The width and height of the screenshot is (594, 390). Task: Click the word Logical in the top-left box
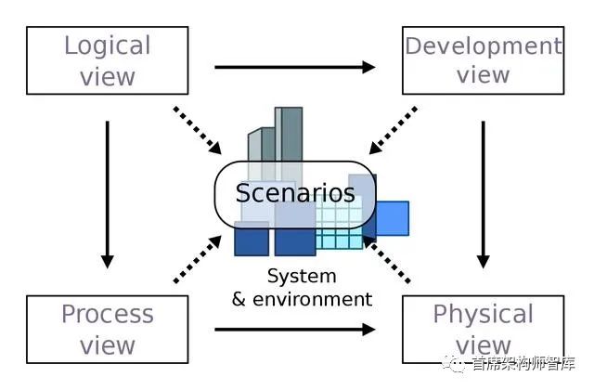(108, 46)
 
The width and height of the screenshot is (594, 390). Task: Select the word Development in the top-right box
(484, 47)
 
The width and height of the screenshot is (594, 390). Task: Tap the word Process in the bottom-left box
(108, 314)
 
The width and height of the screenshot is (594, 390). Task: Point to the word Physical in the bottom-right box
(483, 315)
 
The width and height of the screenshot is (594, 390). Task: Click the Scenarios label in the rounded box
(295, 193)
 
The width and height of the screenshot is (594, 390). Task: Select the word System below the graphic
(302, 277)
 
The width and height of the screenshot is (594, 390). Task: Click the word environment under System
(312, 299)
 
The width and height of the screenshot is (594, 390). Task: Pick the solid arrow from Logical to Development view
(295, 67)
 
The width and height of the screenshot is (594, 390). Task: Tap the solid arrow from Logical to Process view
(108, 195)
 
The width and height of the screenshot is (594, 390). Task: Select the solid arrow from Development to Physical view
(483, 195)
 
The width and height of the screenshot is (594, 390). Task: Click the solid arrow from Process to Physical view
(295, 330)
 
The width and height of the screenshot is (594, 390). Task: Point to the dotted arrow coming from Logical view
(198, 131)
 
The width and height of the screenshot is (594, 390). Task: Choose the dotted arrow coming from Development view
(394, 131)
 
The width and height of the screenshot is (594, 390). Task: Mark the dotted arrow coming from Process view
(198, 259)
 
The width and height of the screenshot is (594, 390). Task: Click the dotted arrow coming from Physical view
(386, 259)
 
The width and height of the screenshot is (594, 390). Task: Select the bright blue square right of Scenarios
(393, 218)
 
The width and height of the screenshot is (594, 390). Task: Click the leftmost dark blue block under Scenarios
(252, 240)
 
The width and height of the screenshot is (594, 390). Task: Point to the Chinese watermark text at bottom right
(523, 363)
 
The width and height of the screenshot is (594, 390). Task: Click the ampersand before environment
(239, 299)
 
